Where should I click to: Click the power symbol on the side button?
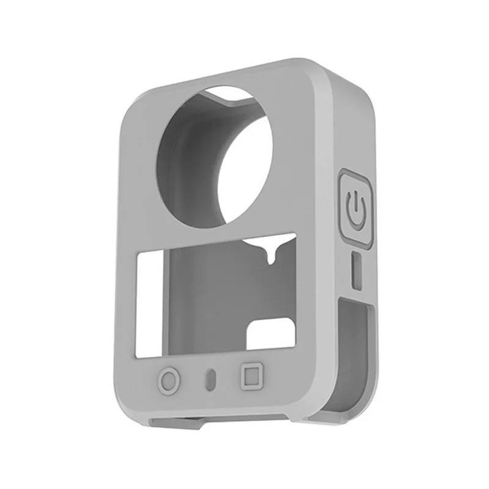click(355, 207)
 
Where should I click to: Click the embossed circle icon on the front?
click(169, 380)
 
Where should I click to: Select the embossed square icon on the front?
click(250, 375)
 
